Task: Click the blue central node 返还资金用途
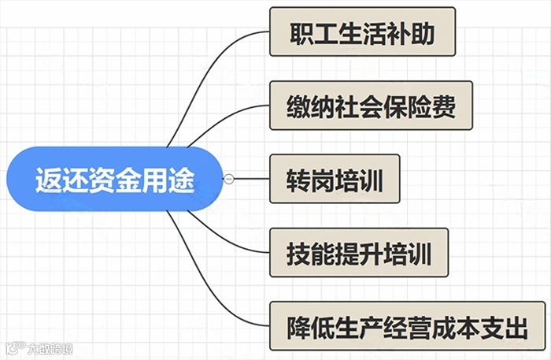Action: (114, 180)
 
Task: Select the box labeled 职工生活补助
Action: (362, 32)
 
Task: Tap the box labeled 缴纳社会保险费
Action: (371, 105)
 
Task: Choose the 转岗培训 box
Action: (335, 178)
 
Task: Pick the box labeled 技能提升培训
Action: (358, 252)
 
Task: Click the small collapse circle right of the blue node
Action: (229, 179)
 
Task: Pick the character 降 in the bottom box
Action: (298, 326)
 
